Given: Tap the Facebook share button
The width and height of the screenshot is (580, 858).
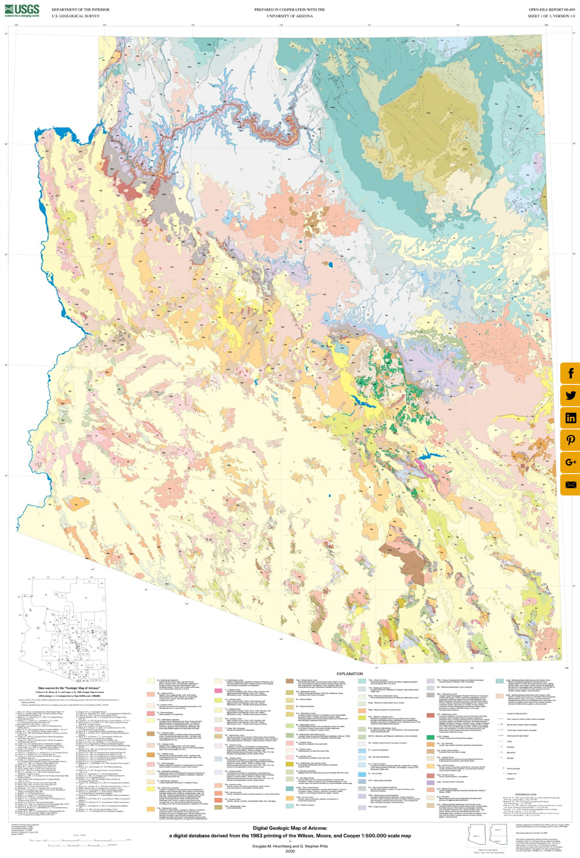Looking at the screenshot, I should tap(570, 373).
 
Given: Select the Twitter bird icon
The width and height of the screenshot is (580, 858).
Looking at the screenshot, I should tap(570, 395).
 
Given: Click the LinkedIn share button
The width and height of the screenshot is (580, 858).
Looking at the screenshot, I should tap(570, 417).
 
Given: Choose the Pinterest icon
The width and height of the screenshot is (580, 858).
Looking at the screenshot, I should tap(570, 440).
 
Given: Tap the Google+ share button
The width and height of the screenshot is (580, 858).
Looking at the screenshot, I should tap(570, 462).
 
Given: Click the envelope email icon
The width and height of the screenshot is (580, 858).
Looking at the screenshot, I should tap(570, 485).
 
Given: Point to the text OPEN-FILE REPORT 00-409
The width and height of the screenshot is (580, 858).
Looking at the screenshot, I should tap(551, 9).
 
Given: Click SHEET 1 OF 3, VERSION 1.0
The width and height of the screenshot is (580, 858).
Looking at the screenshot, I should tap(551, 16).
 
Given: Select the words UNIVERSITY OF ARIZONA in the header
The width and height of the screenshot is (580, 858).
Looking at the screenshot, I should tap(290, 16).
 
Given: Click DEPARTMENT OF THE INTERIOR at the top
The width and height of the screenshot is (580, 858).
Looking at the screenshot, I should tap(80, 9).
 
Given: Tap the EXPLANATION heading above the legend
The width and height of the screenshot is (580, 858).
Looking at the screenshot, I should tap(350, 674).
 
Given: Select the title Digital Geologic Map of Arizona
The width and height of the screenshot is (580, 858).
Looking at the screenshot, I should tap(290, 828).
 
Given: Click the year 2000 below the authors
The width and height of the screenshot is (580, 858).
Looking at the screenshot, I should tap(290, 851).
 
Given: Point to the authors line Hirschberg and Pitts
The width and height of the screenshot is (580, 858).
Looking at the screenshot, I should tap(290, 846).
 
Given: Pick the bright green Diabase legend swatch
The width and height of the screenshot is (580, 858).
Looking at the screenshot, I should tap(430, 737).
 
